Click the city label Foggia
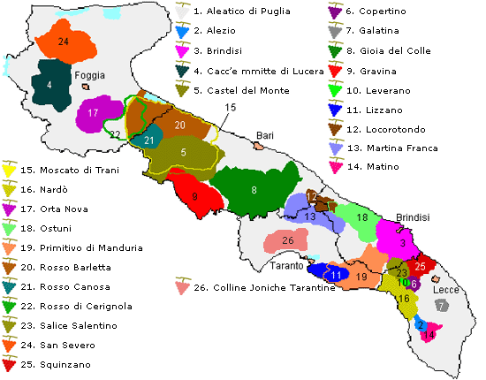pyautogui.click(x=91, y=75)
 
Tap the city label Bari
pyautogui.click(x=265, y=135)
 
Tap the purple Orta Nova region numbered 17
pyautogui.click(x=93, y=114)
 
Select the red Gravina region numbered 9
pyautogui.click(x=194, y=197)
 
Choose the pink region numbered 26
pyautogui.click(x=288, y=240)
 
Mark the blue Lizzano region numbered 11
pyautogui.click(x=336, y=275)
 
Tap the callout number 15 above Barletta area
pyautogui.click(x=231, y=108)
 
